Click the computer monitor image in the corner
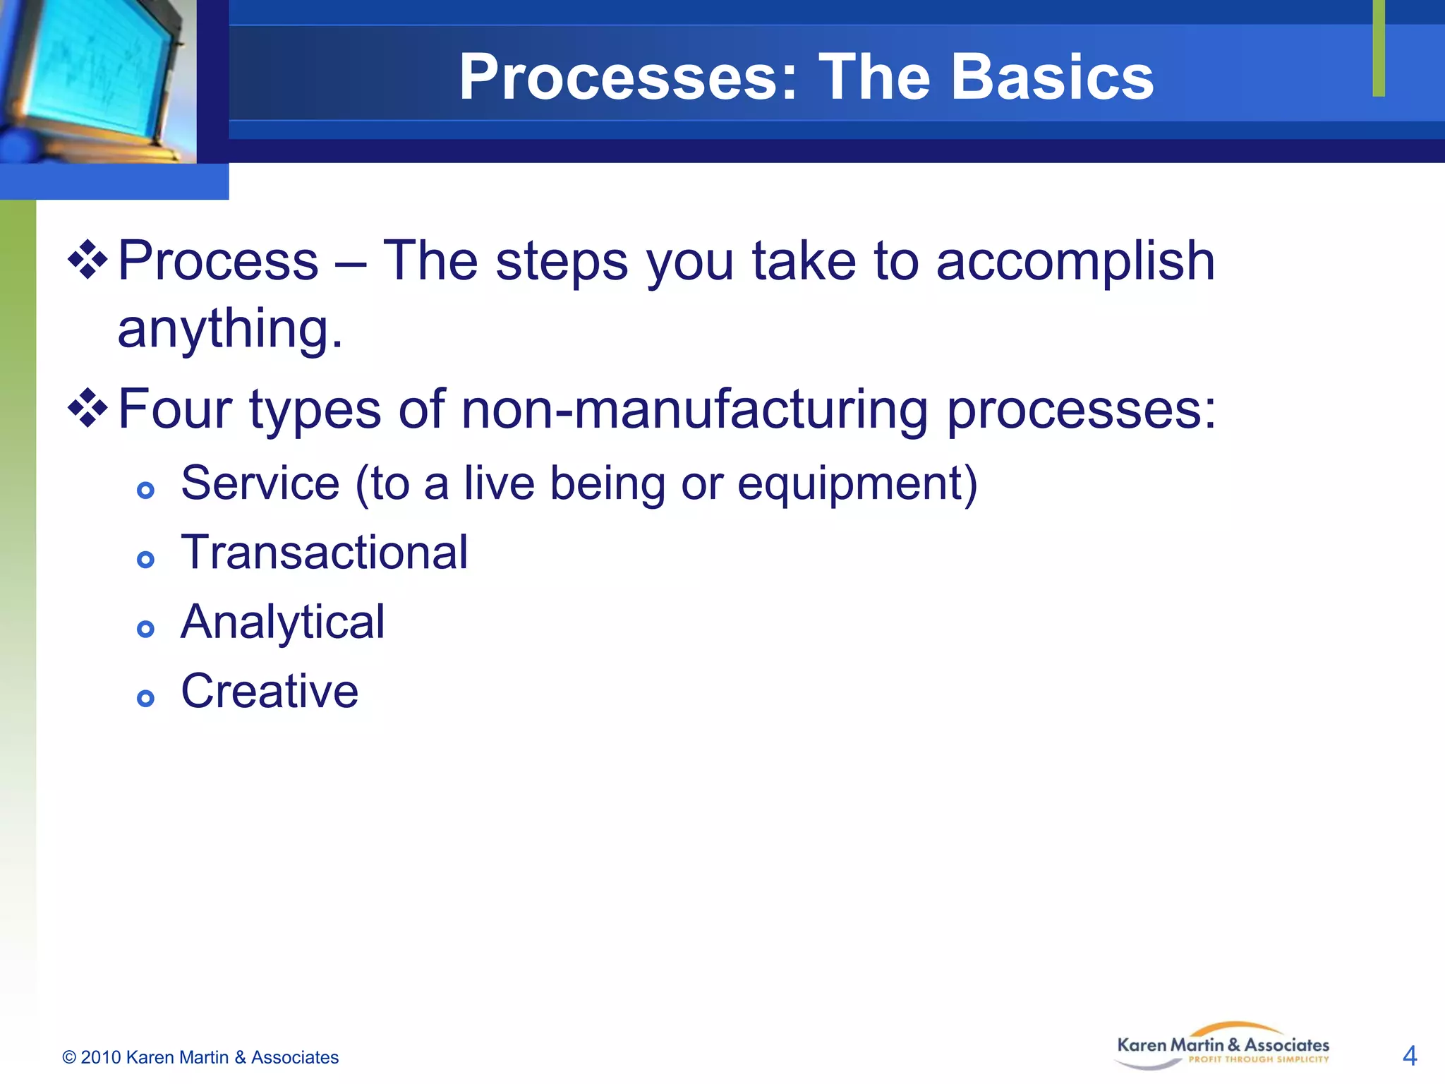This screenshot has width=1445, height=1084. tap(95, 78)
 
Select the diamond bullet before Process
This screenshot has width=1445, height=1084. tap(87, 260)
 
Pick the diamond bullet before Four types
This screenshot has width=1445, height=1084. tap(87, 408)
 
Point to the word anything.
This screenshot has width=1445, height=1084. tap(230, 330)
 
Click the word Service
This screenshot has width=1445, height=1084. tap(260, 484)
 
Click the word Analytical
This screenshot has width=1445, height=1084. tap(283, 622)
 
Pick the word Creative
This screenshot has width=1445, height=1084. tap(270, 691)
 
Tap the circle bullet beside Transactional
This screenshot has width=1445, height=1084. tap(145, 560)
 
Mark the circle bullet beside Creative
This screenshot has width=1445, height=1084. tap(145, 699)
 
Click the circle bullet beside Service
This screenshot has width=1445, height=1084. tap(145, 490)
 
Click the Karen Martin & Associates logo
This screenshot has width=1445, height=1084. tap(1223, 1046)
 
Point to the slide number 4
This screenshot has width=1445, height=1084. tap(1410, 1056)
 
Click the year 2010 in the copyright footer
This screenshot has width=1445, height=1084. tap(100, 1057)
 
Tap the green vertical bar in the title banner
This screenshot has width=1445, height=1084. tap(1379, 48)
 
